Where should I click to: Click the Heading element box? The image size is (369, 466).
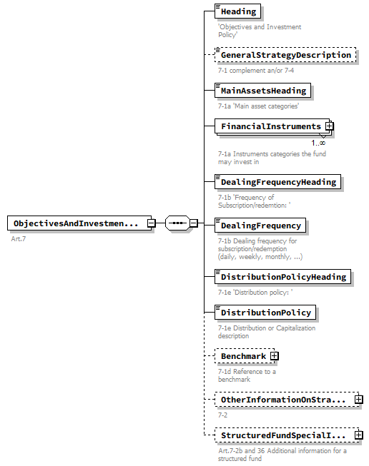coord(238,11)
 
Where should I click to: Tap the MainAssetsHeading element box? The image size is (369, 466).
coord(263,91)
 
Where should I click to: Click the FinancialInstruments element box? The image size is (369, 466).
coord(270,126)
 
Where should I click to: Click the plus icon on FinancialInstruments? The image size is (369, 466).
coord(330,126)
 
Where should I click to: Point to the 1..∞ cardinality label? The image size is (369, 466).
coord(318,143)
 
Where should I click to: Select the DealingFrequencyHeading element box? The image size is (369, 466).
coord(278,182)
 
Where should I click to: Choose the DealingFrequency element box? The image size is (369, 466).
coord(261,226)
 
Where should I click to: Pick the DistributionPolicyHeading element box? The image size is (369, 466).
coord(283,277)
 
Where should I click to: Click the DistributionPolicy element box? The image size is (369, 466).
coord(265,313)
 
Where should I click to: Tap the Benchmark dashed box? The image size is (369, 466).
coord(242,356)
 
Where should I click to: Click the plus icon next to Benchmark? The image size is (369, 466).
coord(274,356)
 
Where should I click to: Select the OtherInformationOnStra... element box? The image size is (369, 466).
coord(283,400)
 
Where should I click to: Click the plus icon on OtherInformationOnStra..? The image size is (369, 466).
coord(359,400)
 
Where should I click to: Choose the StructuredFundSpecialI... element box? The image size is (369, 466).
coord(283,435)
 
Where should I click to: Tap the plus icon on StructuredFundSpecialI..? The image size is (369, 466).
coord(359,435)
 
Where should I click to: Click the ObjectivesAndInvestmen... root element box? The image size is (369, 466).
coord(76,223)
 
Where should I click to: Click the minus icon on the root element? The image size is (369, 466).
coord(152,223)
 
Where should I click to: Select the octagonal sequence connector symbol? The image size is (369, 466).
coord(177,223)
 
